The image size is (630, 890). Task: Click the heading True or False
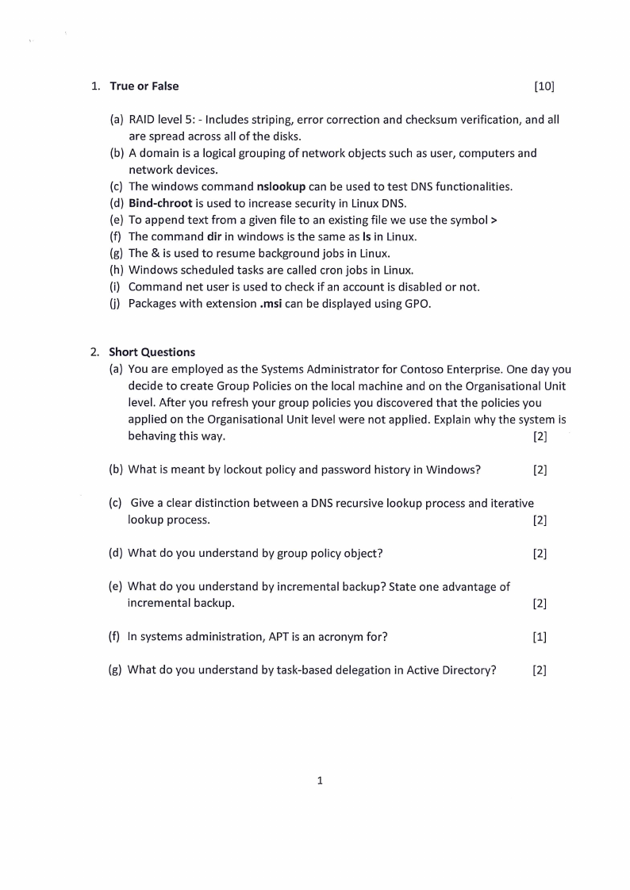point(144,86)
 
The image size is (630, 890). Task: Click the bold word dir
point(210,236)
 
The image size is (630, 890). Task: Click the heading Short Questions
point(152,351)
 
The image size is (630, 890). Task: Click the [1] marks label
point(540,636)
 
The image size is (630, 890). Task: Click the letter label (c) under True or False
point(117,186)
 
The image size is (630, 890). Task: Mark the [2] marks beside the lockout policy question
point(540,469)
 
